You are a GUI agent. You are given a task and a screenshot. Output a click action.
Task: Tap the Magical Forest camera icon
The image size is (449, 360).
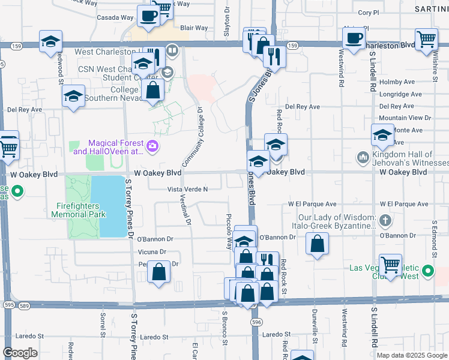(x=152, y=145)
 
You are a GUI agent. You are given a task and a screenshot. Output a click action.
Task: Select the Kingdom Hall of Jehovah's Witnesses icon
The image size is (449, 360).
(x=362, y=157)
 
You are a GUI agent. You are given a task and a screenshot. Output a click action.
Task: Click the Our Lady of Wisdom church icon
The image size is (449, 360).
(x=385, y=221)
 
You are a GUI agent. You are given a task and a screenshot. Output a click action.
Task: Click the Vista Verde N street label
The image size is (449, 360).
(x=188, y=189)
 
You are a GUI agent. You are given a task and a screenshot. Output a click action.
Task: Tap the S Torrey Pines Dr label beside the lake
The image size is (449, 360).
(x=128, y=207)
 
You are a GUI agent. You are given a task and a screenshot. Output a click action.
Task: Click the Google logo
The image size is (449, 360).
(x=20, y=353)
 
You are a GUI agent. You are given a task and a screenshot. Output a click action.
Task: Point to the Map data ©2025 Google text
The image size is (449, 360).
(x=411, y=355)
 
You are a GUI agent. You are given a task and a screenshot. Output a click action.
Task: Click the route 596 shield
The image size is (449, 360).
(x=257, y=322)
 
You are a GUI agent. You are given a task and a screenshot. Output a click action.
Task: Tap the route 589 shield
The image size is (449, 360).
(x=24, y=305)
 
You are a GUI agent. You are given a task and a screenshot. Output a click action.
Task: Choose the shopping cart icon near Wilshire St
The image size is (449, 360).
(x=426, y=39)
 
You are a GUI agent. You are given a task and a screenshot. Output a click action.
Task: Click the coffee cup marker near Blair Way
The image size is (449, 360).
(x=148, y=16)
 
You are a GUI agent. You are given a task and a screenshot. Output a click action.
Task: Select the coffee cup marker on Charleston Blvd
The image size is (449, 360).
(x=353, y=38)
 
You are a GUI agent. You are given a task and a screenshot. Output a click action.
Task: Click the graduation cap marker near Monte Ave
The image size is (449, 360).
(x=382, y=134)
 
